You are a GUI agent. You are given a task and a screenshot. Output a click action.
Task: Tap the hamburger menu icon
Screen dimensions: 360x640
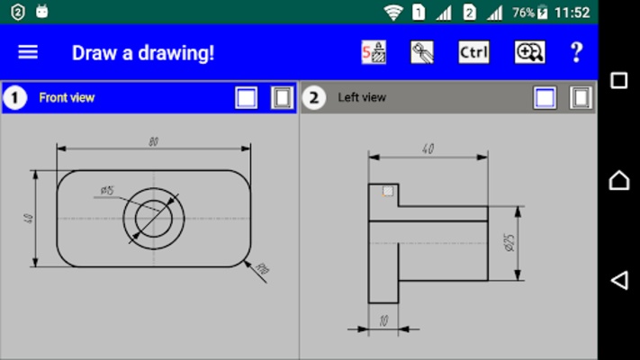28,52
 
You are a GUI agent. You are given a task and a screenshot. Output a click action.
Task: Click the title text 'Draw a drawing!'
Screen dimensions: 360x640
143,52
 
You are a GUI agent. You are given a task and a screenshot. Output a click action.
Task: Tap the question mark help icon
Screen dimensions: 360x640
576,52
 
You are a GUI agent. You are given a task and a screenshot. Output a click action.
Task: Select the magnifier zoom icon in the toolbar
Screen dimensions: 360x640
529,52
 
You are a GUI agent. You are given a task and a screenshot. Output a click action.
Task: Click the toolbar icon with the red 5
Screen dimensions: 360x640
374,52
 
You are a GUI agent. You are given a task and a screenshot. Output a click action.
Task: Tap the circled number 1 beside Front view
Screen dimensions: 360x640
14,97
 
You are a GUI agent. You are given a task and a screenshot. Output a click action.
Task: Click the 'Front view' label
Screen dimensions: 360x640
67,97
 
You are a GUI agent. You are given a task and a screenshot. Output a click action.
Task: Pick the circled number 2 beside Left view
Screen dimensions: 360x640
312,97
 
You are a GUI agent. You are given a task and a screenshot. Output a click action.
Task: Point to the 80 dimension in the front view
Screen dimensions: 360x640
154,140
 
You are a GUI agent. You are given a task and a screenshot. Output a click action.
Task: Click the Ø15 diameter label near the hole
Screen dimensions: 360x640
106,190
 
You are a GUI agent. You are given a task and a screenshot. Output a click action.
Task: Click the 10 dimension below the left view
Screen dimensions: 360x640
383,320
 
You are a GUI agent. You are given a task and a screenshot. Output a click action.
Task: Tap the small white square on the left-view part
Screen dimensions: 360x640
388,191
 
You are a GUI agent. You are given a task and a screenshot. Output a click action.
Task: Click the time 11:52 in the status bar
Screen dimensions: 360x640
572,13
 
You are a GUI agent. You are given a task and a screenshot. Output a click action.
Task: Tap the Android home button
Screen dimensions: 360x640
619,180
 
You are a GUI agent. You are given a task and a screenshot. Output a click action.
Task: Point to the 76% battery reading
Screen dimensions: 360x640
523,13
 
